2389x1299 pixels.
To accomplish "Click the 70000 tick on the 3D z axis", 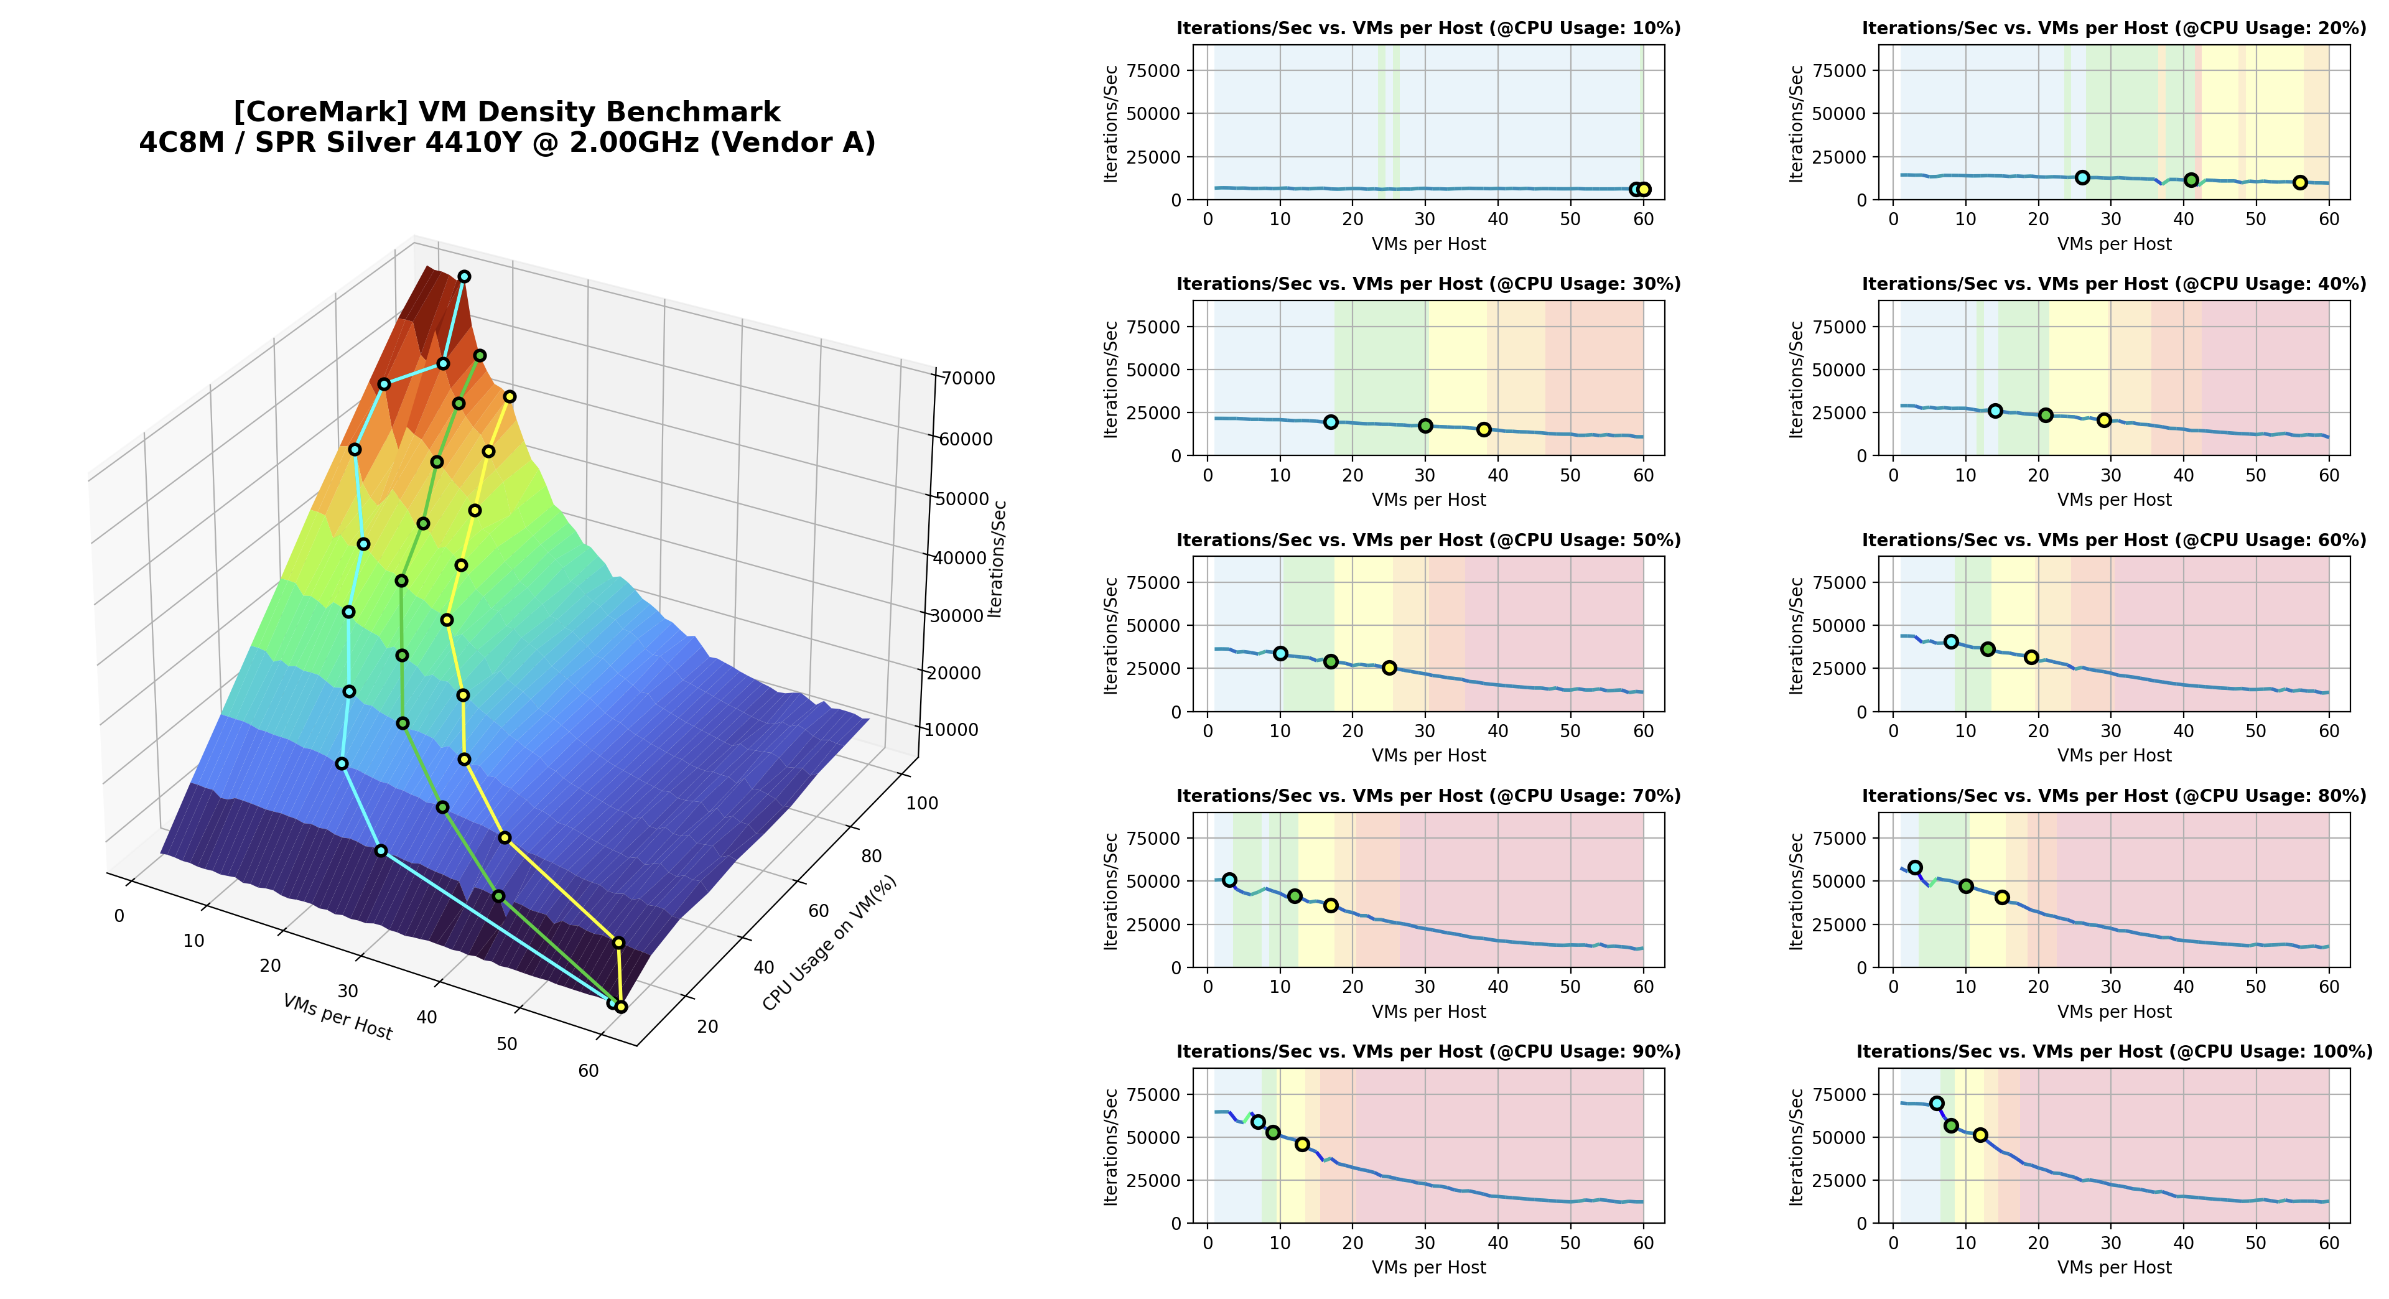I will pos(967,378).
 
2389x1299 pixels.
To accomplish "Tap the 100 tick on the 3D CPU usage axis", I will pos(922,803).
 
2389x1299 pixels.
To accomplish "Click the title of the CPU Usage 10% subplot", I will pos(1428,29).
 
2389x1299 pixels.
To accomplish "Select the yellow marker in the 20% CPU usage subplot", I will pos(2300,183).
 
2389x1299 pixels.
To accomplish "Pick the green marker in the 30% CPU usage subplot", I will pos(1425,426).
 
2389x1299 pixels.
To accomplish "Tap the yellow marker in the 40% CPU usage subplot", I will pos(2104,420).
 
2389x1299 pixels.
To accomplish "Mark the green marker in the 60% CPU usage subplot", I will pos(1988,649).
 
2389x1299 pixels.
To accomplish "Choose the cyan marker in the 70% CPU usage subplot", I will pos(1230,880).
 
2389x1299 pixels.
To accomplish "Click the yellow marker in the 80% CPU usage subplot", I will pos(2002,898).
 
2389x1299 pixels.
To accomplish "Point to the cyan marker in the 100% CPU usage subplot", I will pos(1937,1104).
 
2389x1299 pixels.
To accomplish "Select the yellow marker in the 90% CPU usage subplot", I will pos(1302,1144).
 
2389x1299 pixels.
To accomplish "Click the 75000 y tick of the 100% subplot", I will pos(1841,1095).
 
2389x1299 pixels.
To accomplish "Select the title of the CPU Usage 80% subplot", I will pos(2113,796).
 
